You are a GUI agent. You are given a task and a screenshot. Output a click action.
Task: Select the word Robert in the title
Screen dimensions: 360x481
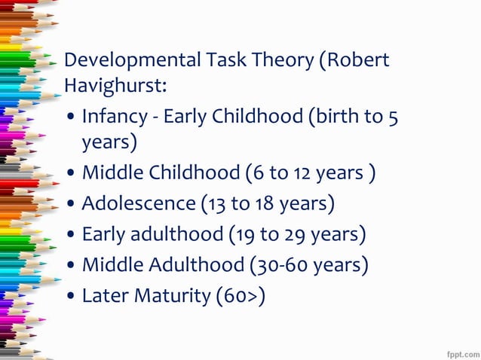click(x=360, y=59)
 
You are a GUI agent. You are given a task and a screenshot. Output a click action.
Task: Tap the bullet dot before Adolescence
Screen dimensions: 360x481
click(x=70, y=205)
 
